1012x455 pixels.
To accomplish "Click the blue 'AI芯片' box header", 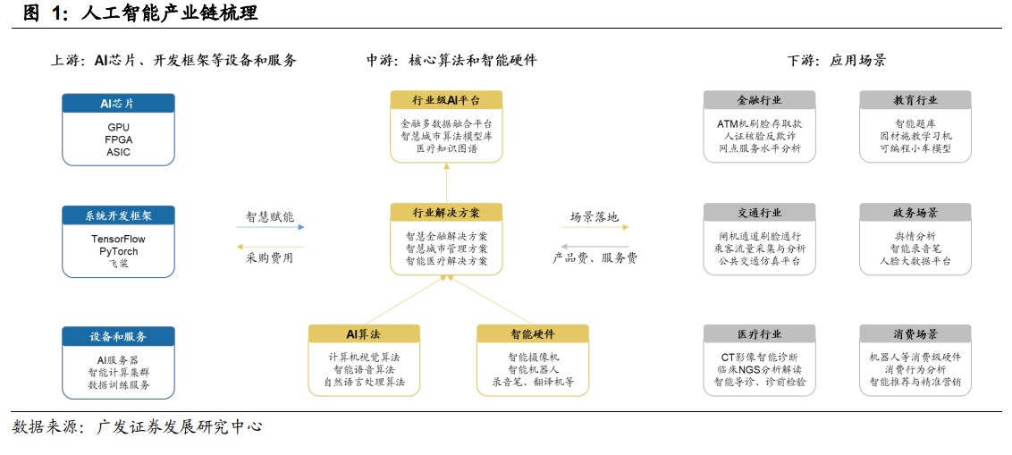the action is (118, 104).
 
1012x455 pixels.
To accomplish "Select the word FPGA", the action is (118, 139).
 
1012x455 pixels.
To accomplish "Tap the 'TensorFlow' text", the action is (118, 240).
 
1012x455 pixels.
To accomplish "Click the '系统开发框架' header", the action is (118, 215).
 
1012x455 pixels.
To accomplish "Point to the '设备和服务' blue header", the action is (118, 336).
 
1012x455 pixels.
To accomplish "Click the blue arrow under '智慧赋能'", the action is (270, 227).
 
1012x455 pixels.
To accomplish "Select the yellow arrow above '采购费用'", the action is (270, 247).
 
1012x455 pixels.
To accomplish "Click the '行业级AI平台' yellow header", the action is (446, 100).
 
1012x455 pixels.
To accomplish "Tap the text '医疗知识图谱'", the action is (446, 148).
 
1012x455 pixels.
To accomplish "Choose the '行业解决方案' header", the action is (446, 213).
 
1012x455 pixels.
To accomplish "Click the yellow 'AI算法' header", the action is (364, 333).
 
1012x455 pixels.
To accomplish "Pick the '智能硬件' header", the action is (533, 333).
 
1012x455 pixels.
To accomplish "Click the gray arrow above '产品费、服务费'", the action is (595, 247).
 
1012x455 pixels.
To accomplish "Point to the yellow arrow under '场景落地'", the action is (595, 227).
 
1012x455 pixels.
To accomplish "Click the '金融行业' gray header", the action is (759, 100).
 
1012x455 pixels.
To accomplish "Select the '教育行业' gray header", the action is (915, 100).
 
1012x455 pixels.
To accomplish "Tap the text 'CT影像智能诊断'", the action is (759, 357).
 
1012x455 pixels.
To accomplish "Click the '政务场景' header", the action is (915, 213).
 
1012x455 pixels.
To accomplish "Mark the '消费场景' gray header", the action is (915, 333).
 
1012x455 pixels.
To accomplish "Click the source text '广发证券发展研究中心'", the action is (179, 426).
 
